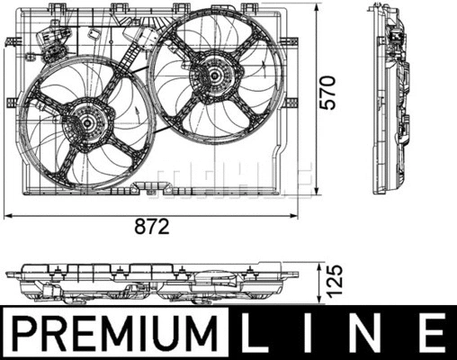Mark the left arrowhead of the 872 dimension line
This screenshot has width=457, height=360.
click(x=8, y=215)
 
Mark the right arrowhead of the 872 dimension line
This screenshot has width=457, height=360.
click(x=310, y=215)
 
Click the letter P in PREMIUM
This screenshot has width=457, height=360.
click(x=20, y=333)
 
